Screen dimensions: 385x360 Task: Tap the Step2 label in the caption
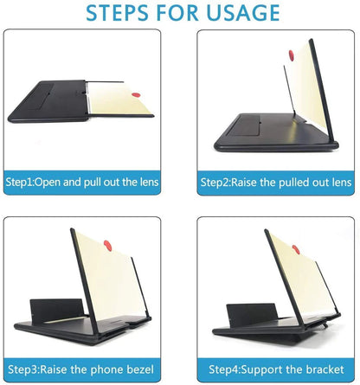point(217,183)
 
